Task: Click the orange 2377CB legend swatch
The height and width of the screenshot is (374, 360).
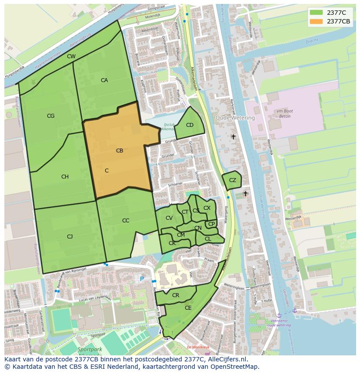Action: click(x=316, y=21)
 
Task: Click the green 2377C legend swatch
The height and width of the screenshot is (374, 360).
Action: click(x=316, y=12)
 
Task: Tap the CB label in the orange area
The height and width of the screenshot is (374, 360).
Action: click(x=120, y=151)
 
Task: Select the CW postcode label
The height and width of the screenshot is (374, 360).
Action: click(x=71, y=56)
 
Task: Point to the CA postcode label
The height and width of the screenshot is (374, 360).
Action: click(x=104, y=80)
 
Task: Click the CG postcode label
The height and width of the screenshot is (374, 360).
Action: click(x=50, y=116)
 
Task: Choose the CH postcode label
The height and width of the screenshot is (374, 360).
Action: click(x=65, y=177)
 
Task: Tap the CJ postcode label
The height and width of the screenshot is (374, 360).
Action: click(x=70, y=237)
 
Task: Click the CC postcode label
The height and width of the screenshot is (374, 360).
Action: click(x=126, y=221)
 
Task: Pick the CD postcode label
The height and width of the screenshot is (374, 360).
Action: click(x=190, y=125)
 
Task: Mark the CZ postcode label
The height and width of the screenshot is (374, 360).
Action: click(x=233, y=180)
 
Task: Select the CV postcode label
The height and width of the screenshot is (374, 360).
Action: click(x=169, y=218)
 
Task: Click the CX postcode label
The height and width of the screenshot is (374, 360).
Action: click(x=207, y=208)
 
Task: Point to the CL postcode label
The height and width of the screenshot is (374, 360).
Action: click(x=208, y=239)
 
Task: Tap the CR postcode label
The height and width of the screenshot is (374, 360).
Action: click(x=176, y=295)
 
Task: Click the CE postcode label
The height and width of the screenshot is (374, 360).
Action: click(x=188, y=308)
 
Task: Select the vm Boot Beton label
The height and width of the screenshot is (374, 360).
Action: click(x=285, y=114)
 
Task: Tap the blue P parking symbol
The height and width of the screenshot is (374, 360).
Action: click(x=141, y=278)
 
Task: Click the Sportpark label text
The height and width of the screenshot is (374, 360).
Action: click(x=90, y=349)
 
